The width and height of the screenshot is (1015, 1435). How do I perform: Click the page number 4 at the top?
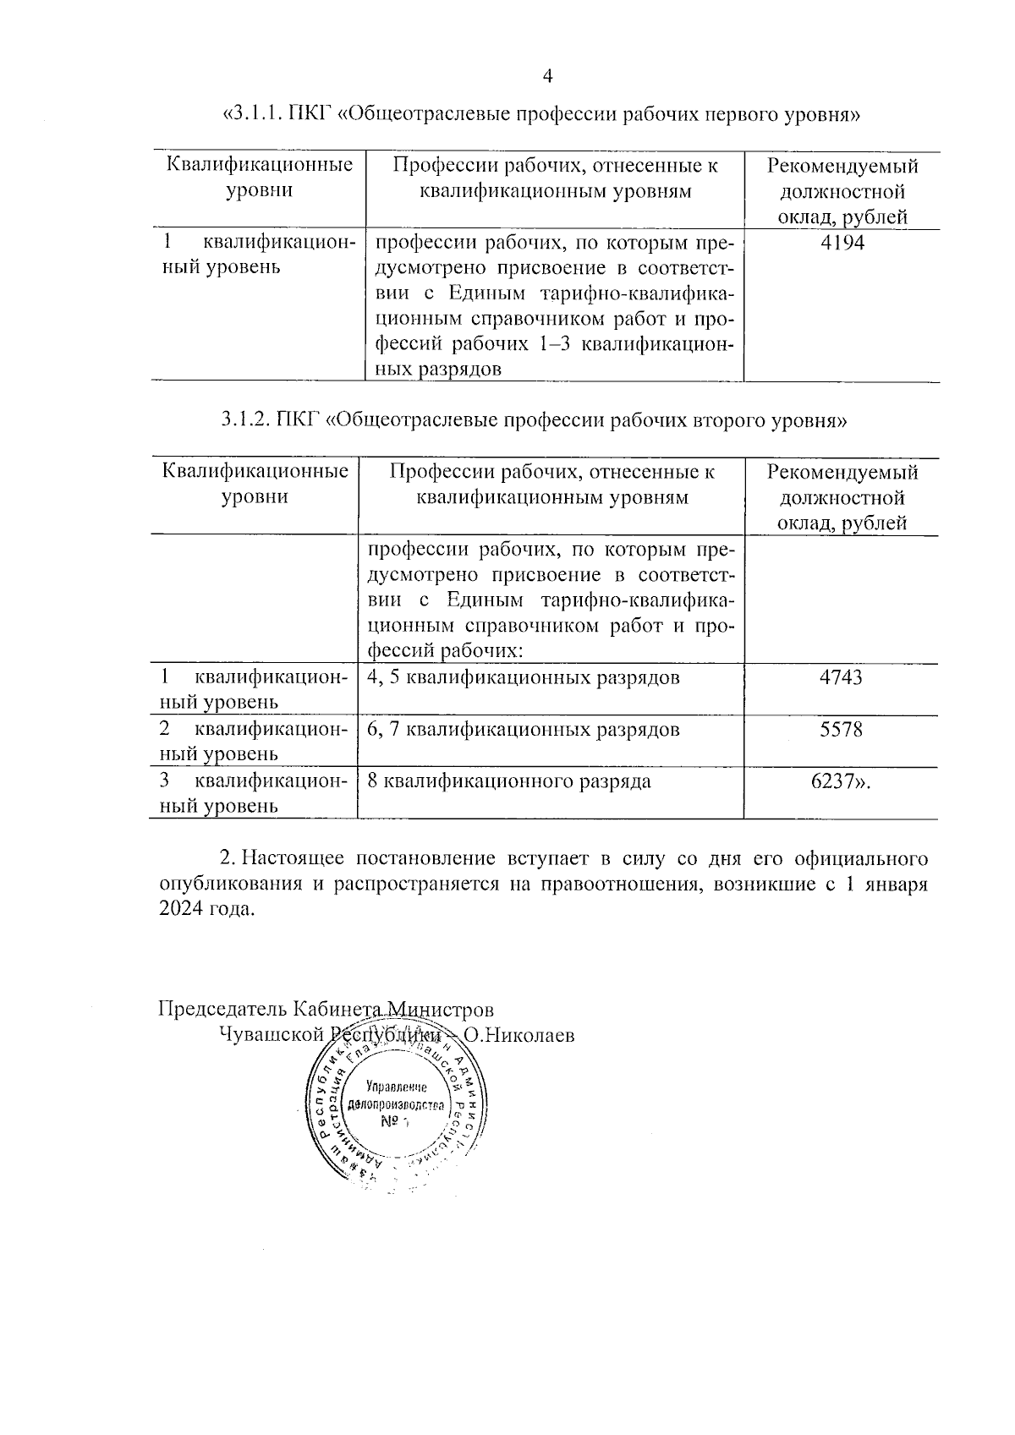pyautogui.click(x=546, y=77)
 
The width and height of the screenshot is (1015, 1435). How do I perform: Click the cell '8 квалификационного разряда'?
pyautogui.click(x=509, y=780)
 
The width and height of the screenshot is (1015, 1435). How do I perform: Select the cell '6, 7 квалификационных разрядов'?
pyautogui.click(x=524, y=729)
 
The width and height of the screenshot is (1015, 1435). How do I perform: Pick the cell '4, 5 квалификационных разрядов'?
pyautogui.click(x=524, y=677)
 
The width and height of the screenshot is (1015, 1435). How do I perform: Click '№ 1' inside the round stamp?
pyautogui.click(x=394, y=1122)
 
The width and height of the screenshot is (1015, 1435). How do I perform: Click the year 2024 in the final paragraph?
pyautogui.click(x=181, y=910)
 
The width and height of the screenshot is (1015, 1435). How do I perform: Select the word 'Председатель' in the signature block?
pyautogui.click(x=222, y=1009)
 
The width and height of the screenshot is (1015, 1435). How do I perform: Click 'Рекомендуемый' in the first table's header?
pyautogui.click(x=842, y=166)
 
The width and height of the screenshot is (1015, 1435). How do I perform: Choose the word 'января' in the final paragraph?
pyautogui.click(x=897, y=885)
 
